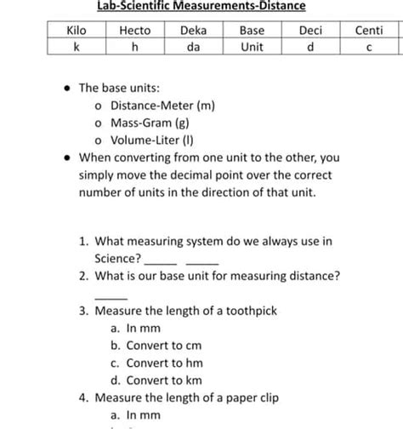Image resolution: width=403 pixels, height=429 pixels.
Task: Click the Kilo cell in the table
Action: coord(77,31)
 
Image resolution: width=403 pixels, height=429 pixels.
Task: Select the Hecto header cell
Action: coord(134,31)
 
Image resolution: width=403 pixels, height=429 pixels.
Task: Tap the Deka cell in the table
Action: coord(193,31)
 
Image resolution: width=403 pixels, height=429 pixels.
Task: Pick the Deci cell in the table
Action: coord(310,31)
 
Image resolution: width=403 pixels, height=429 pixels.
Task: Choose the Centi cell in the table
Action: coord(368,31)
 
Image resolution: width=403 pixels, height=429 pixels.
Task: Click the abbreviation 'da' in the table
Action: coord(193,47)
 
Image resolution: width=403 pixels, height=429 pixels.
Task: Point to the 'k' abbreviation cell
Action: coord(77,47)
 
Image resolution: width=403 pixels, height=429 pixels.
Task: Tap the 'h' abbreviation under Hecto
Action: coord(134,47)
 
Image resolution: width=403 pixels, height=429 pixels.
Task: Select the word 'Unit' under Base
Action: coord(252,47)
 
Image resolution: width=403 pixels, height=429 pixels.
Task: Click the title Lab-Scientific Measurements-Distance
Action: coord(201,6)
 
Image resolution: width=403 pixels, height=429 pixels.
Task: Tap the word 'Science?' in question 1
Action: coord(118,258)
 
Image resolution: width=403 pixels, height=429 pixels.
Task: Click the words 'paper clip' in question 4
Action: coord(250,398)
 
